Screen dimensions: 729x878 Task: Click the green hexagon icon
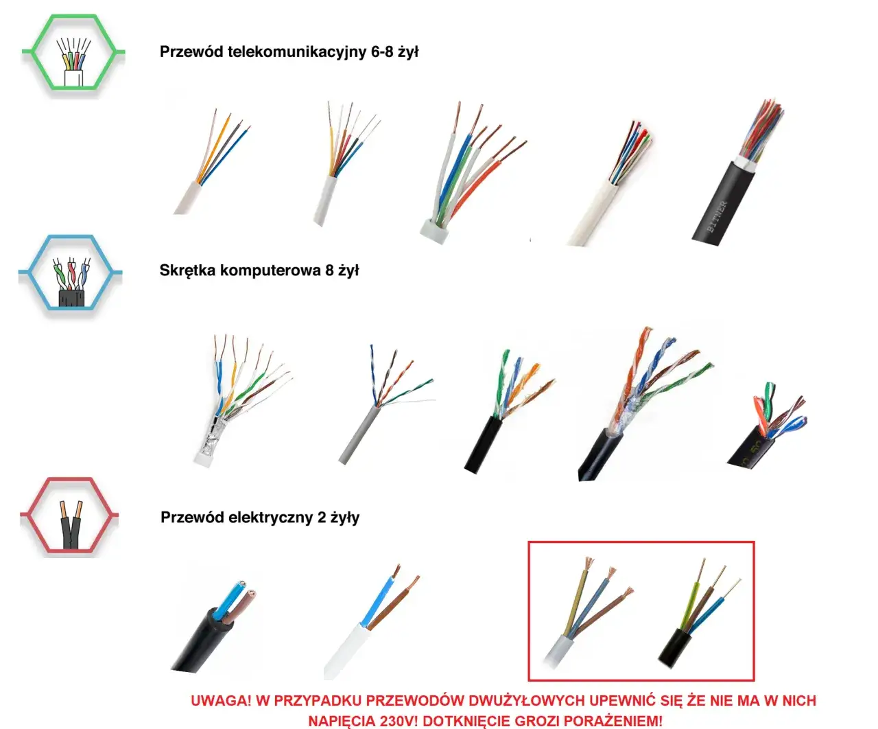[x=73, y=54]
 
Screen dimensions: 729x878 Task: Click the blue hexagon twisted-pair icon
[x=71, y=276]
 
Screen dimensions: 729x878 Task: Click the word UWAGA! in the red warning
[x=221, y=701]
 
